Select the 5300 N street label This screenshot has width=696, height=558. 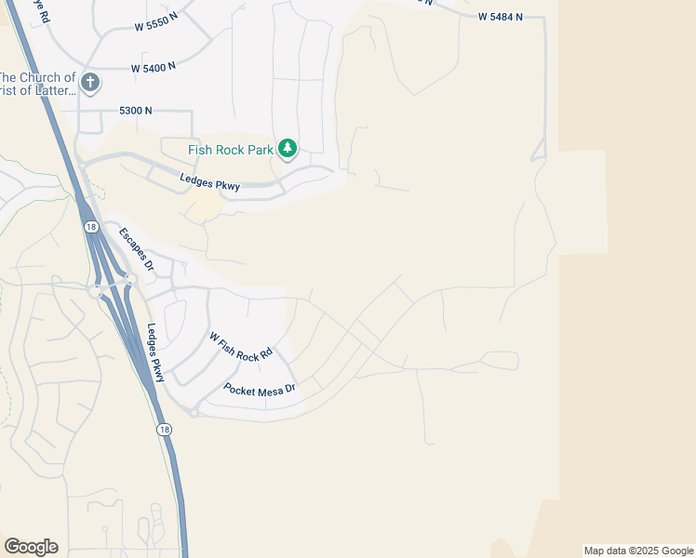[135, 111]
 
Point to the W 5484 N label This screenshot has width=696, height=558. [501, 18]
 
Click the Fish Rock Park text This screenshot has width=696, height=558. [231, 149]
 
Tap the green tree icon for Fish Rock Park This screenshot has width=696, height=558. [288, 148]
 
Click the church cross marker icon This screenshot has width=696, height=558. [90, 84]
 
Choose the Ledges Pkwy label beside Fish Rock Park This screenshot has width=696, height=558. [209, 184]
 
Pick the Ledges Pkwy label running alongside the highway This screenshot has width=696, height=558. [155, 353]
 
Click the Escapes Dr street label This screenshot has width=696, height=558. [136, 248]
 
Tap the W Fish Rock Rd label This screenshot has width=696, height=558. [240, 347]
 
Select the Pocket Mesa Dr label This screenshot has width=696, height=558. [259, 388]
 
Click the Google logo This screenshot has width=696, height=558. [31, 547]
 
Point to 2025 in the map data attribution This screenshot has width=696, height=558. [638, 551]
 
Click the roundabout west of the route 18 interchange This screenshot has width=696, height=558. [95, 291]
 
